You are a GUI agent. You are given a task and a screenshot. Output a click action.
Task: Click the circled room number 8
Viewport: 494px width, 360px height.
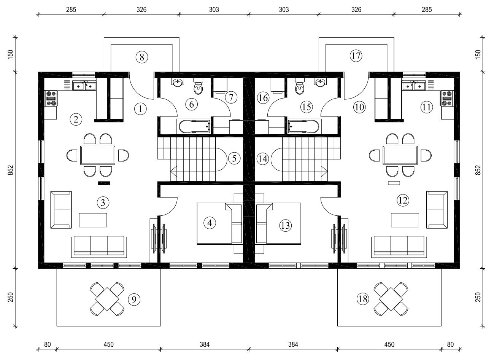141,57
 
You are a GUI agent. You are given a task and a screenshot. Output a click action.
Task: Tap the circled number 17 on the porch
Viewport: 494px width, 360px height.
356,56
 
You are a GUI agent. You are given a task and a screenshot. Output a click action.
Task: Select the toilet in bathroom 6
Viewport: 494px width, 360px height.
198,86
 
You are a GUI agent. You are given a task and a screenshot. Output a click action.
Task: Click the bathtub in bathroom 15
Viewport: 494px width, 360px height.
303,127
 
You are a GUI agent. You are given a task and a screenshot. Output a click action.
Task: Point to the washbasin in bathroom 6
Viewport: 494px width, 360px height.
178,83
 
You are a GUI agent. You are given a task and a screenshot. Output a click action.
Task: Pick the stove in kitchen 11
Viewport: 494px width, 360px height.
447,99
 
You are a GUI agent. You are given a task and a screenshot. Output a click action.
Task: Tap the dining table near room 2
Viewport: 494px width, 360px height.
98,155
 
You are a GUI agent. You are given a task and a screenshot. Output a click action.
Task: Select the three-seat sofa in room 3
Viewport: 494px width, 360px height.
99,247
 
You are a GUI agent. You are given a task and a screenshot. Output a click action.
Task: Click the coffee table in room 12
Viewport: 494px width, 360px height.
405,220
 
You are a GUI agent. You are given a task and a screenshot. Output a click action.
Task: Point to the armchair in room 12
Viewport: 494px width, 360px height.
437,210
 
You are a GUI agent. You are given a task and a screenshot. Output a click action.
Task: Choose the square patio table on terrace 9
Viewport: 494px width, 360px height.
107,299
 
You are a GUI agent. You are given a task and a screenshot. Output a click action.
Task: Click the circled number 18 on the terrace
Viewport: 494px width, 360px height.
363,299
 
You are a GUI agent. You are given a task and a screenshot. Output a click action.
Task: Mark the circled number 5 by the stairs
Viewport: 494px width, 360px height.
234,158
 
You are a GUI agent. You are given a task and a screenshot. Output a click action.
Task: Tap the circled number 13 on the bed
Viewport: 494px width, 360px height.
285,225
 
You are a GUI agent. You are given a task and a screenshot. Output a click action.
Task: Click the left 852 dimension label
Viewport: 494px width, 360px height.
11,170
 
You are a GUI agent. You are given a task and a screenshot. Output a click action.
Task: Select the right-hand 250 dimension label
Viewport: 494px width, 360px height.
478,297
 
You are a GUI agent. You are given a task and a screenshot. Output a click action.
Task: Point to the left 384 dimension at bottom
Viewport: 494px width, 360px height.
205,344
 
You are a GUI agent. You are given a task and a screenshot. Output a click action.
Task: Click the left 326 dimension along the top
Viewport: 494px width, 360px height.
141,10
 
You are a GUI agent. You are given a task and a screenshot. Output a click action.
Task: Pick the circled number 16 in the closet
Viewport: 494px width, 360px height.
263,97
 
